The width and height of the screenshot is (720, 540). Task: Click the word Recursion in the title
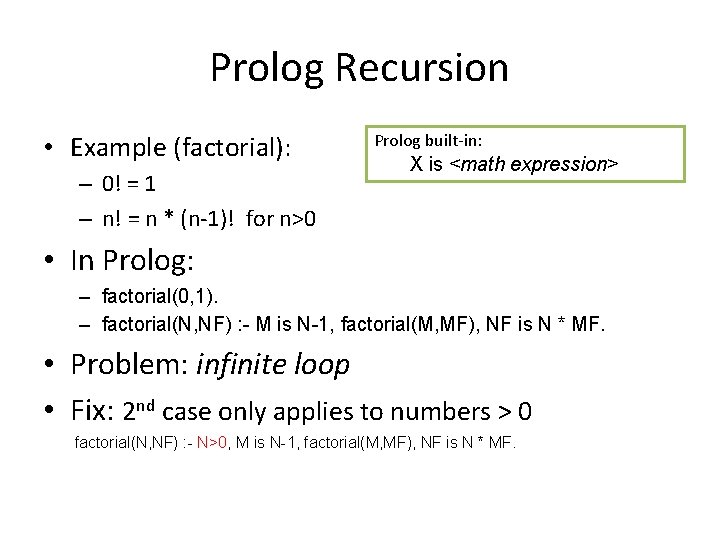[x=423, y=68]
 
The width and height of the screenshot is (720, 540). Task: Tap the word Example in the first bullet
[x=118, y=148]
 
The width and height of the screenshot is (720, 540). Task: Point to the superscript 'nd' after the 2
[x=147, y=404]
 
